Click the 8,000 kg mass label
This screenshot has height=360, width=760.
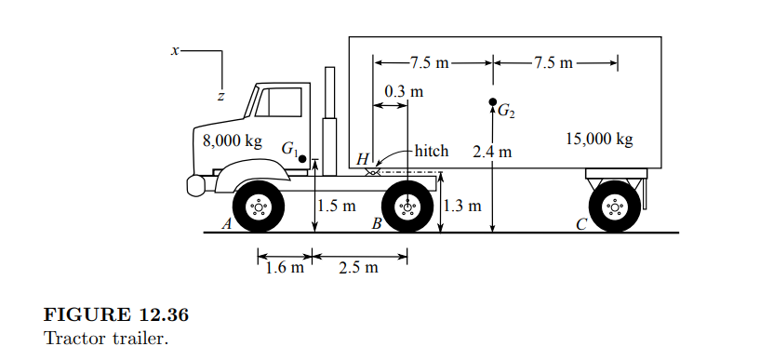[x=232, y=141]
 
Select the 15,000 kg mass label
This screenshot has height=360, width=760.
[x=599, y=140]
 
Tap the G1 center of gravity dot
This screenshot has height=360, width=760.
[x=302, y=158]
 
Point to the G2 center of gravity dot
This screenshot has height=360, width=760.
[x=492, y=101]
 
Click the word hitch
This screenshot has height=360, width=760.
[x=431, y=151]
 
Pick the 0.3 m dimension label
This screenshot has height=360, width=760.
[x=403, y=91]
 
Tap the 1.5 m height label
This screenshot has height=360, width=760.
[x=335, y=206]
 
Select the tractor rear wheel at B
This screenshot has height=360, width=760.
[x=407, y=208]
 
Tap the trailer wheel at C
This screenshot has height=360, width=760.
[x=613, y=208]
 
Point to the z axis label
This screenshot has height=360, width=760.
[x=220, y=95]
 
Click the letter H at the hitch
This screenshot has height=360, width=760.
[x=362, y=159]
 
